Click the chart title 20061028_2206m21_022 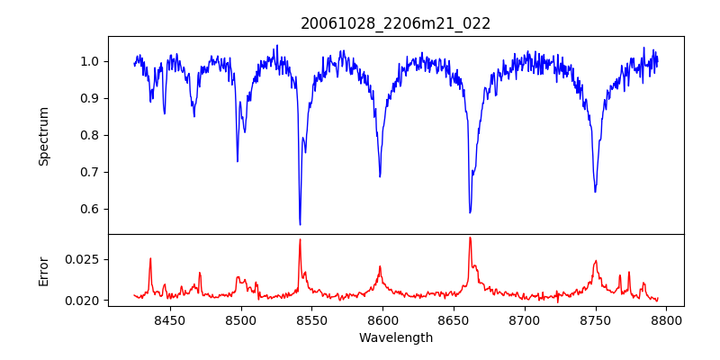click(396, 23)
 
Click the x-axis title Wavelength click(396, 337)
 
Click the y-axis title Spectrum click(44, 136)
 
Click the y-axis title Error click(44, 270)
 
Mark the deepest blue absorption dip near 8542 click(300, 224)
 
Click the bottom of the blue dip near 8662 click(470, 212)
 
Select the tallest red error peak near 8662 click(470, 238)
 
